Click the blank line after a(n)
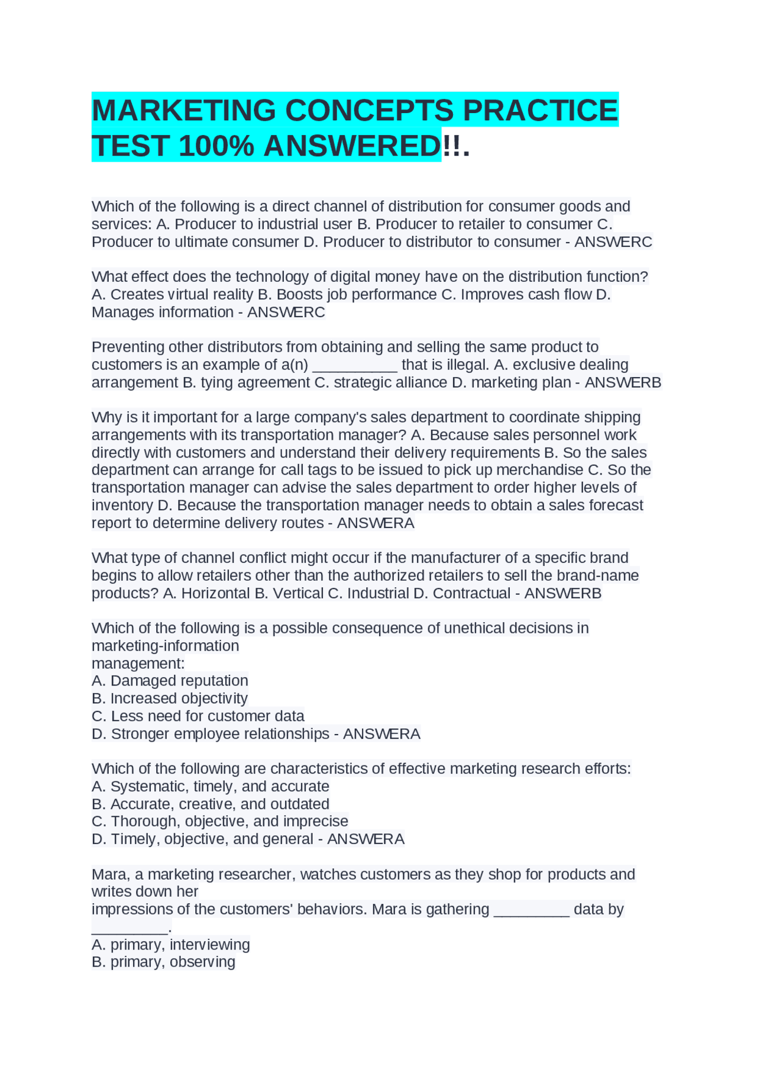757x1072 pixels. point(354,365)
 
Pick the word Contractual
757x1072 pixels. point(471,594)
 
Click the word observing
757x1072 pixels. point(202,962)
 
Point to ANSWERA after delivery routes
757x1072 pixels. point(376,523)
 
